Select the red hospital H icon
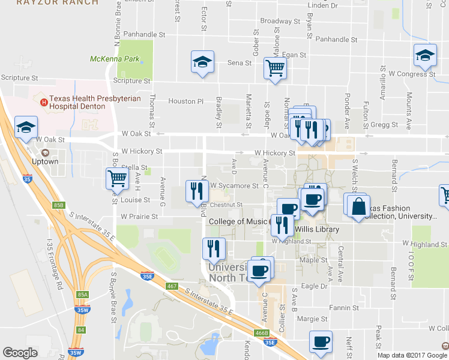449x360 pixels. point(43,102)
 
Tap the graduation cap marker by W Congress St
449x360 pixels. point(425,56)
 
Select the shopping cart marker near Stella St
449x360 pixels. point(116,178)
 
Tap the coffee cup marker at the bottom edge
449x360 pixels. point(320,342)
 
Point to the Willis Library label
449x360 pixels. point(316,229)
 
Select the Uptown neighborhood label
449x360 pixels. point(46,161)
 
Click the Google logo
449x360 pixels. point(20,353)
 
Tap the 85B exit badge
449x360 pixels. point(58,205)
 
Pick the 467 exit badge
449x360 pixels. point(172,286)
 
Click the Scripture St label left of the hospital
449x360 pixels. point(19,78)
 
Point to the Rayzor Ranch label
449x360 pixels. point(57,2)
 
